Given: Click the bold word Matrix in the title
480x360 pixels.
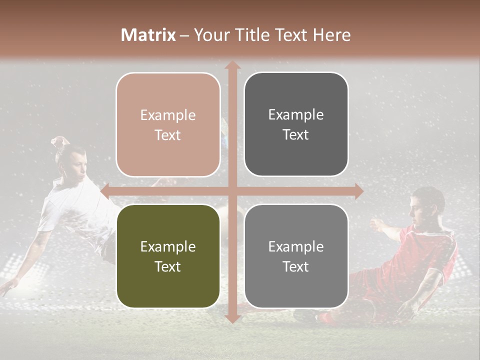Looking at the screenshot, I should [148, 35].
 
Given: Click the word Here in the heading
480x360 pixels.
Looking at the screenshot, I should [331, 35].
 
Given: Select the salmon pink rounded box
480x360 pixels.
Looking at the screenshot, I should [168, 125].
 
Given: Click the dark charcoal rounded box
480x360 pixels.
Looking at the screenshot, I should [296, 124].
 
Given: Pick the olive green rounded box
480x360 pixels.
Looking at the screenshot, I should [168, 256].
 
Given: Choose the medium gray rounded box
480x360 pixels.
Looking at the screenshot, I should [296, 256].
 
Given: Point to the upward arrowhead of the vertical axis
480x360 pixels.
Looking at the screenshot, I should [232, 65].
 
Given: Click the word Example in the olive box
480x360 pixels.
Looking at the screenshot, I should [168, 246].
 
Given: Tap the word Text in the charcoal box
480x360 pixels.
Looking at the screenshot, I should [296, 135].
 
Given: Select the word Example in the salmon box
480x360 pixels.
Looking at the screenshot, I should [168, 115].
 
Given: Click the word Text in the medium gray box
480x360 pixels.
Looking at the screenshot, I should [296, 266].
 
